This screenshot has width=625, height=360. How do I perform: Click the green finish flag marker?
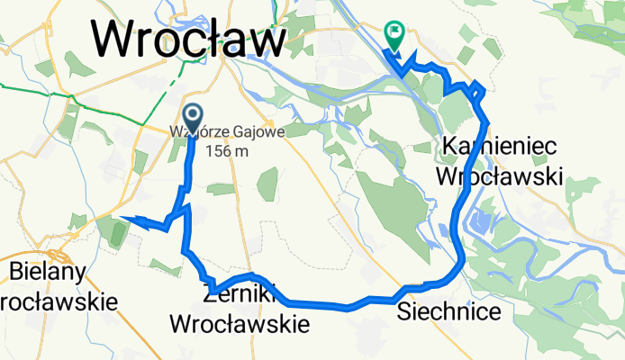tap(394, 34)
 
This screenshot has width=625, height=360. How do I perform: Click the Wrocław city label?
tap(188, 39)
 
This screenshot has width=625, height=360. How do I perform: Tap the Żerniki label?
tap(239, 293)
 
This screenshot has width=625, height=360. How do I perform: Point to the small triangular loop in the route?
tap(476, 89)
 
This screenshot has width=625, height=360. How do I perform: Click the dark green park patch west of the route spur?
tap(116, 232)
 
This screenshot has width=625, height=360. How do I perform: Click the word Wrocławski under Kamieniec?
tap(499, 175)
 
